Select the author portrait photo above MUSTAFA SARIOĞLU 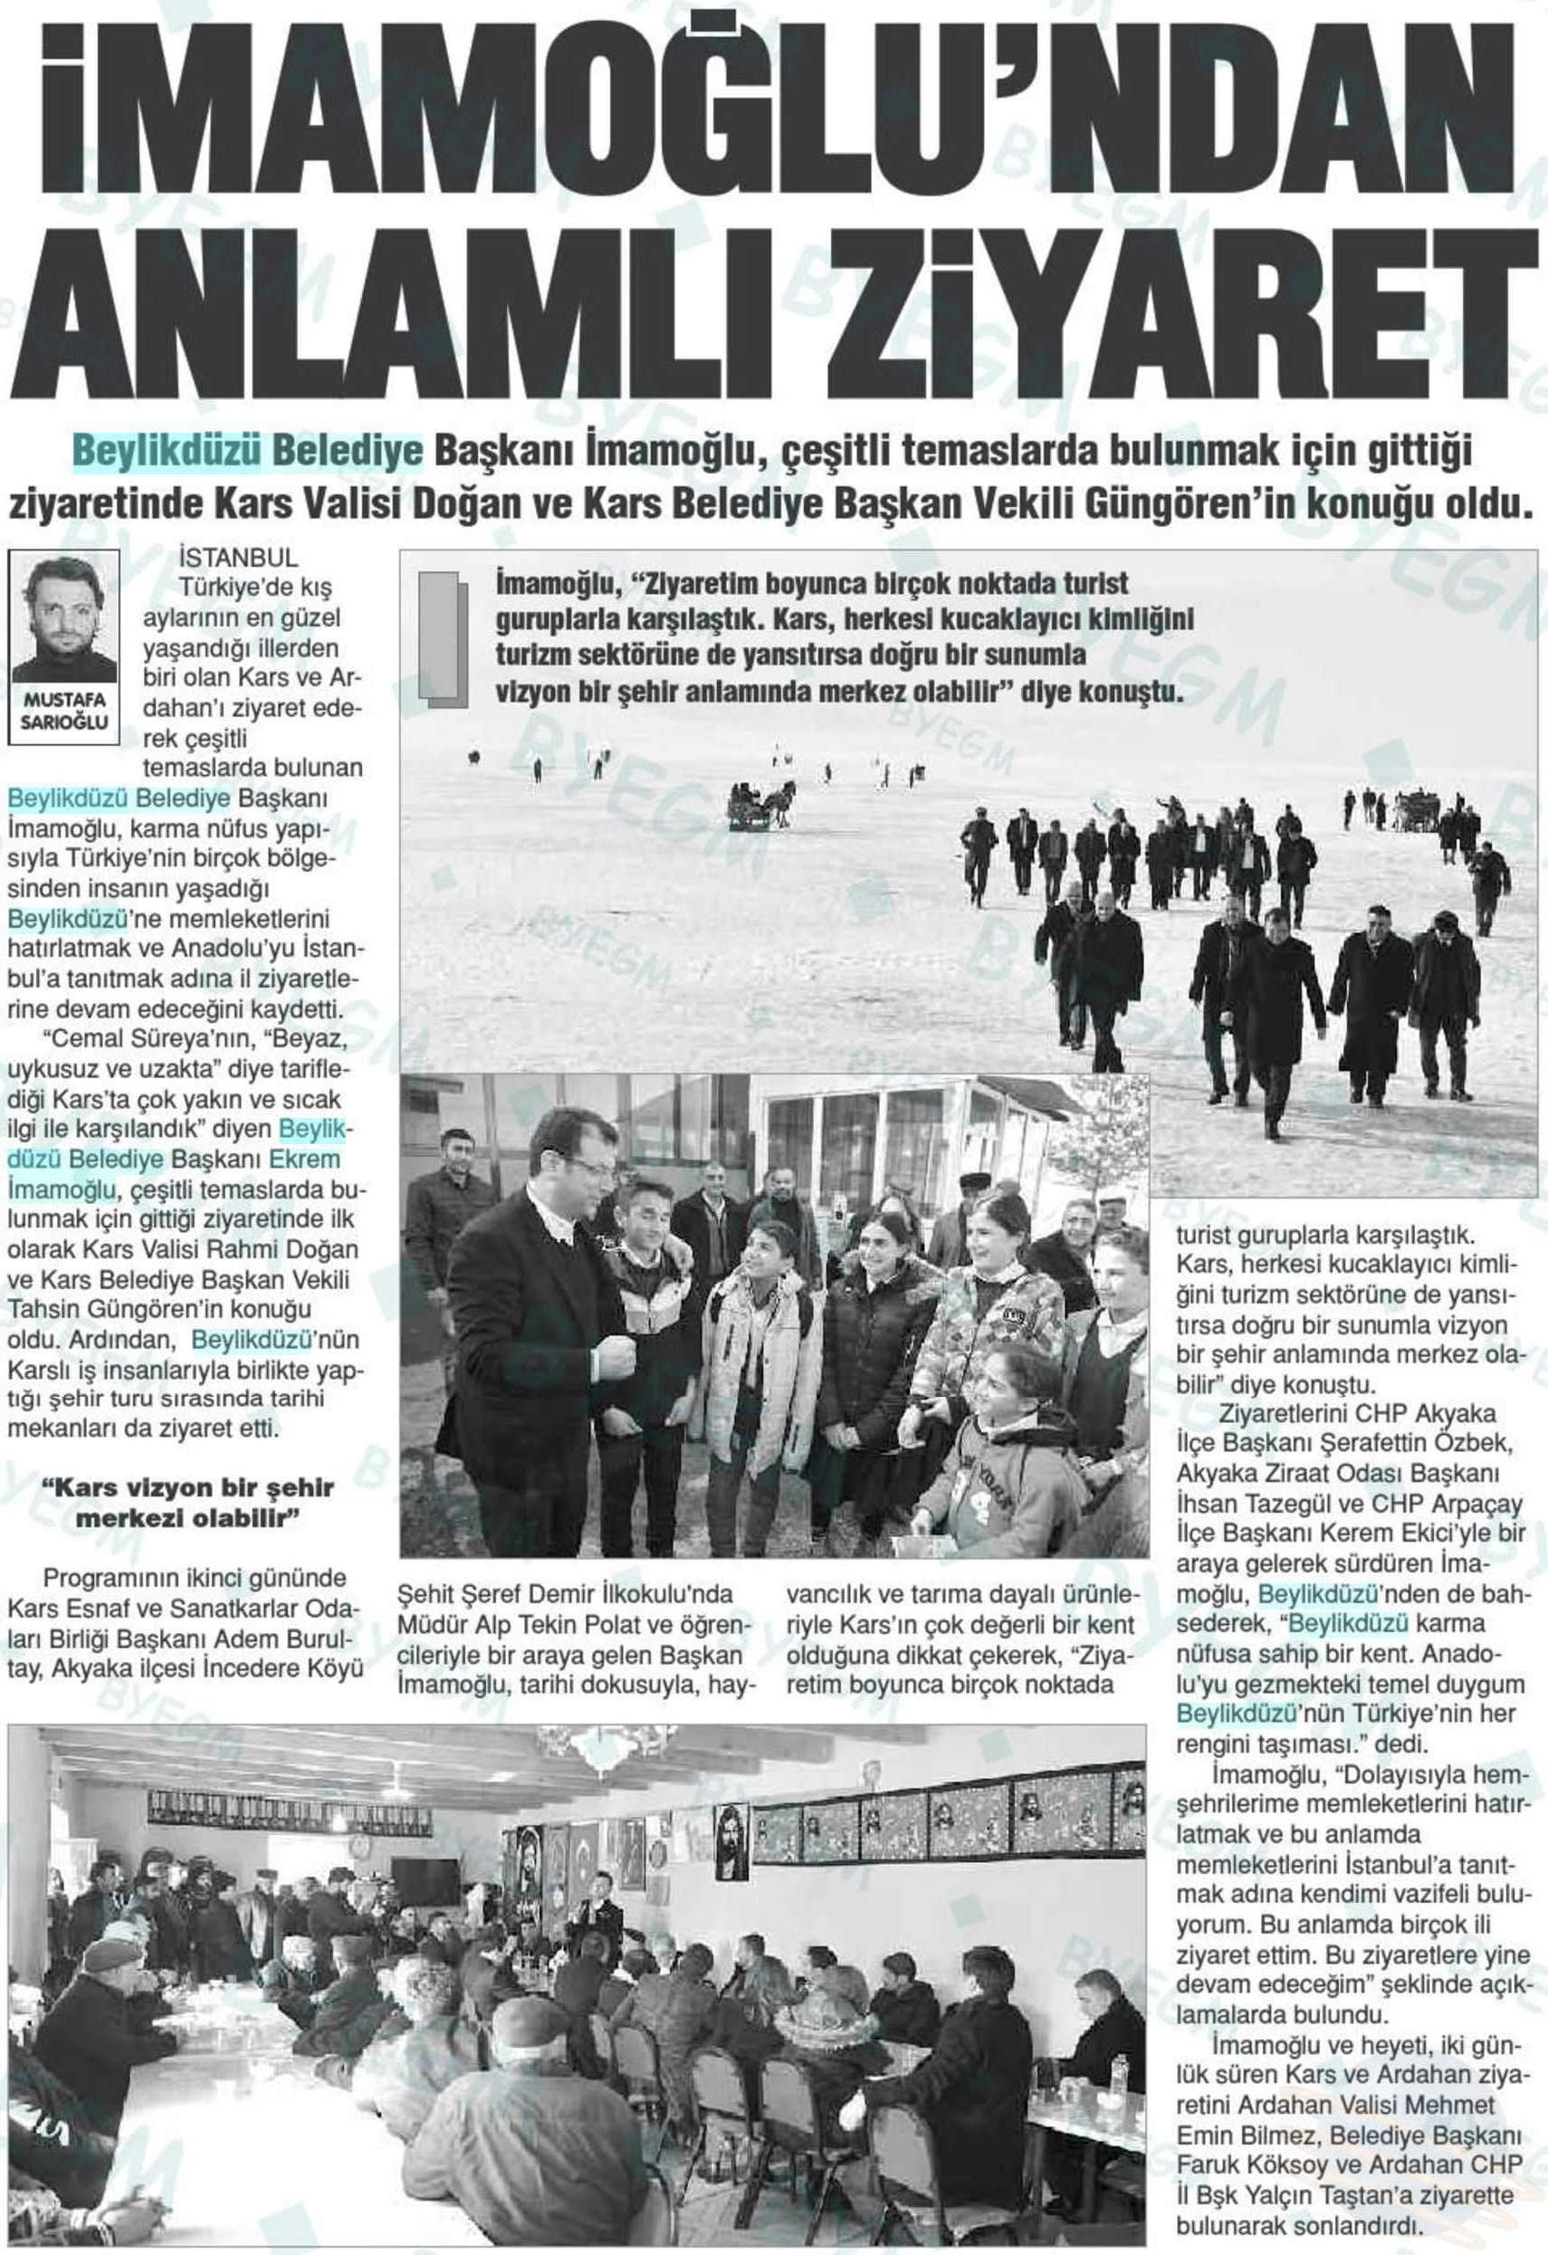64,616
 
